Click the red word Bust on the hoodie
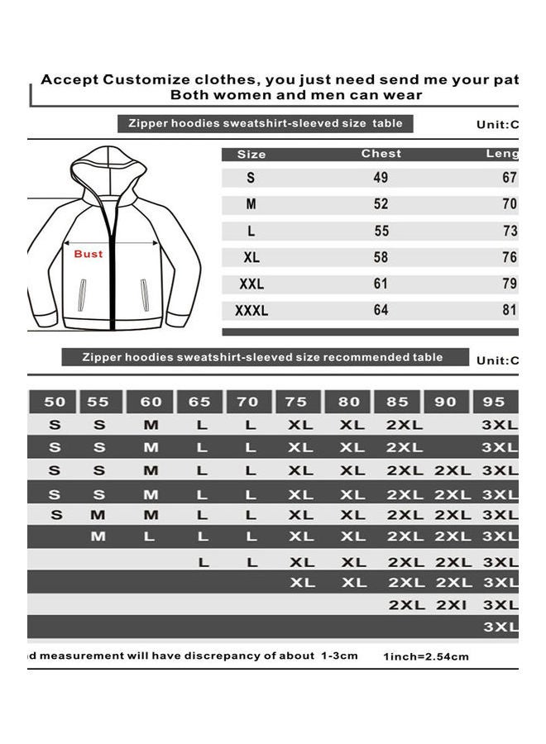[x=89, y=254]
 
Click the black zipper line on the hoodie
[x=113, y=265]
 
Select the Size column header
[x=251, y=155]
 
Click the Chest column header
[x=381, y=154]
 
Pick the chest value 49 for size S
[x=381, y=178]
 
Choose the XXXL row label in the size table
[x=252, y=311]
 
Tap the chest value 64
[x=381, y=311]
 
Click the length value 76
[x=510, y=257]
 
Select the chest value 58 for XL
[x=381, y=257]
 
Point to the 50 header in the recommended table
[x=55, y=402]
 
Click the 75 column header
[x=296, y=402]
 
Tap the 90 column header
[x=446, y=402]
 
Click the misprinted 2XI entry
[x=453, y=605]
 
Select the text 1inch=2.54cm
[x=426, y=657]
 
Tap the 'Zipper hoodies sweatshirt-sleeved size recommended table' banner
[x=262, y=358]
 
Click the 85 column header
[x=398, y=402]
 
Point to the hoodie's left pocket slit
[x=81, y=293]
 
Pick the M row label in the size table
[x=251, y=204]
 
